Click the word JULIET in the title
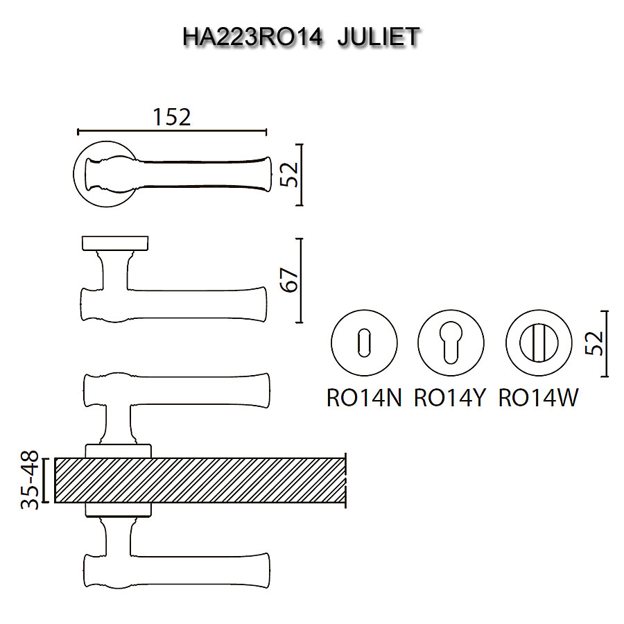point(378,37)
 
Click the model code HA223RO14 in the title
point(252,37)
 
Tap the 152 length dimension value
point(172,117)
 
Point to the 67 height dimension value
point(289,280)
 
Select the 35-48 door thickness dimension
point(30,480)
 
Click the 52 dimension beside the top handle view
point(289,174)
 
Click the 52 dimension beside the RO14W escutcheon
point(595,343)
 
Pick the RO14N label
point(364,397)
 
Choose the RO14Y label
point(450,397)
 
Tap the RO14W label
point(538,397)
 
